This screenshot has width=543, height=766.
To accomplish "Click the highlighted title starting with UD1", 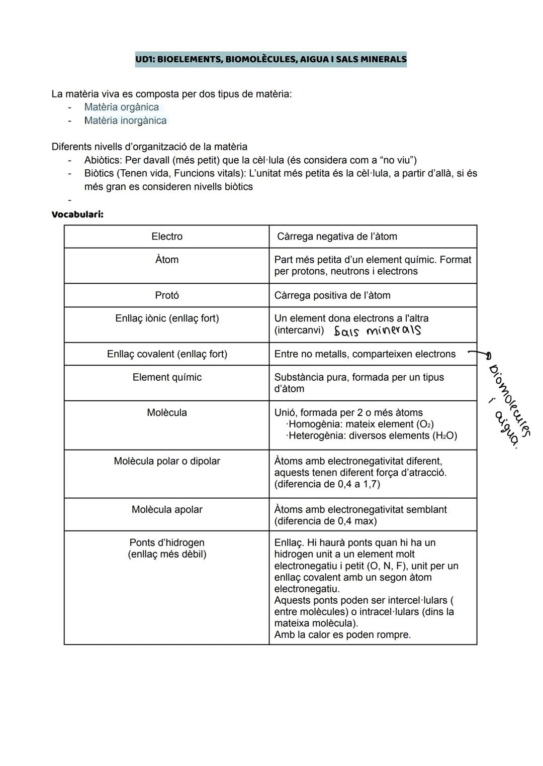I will [x=270, y=59].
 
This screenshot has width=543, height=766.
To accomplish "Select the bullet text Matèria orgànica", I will [x=121, y=107].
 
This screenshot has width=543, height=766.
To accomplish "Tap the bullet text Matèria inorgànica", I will [x=125, y=121].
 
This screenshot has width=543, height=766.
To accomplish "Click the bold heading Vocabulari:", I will [x=77, y=214].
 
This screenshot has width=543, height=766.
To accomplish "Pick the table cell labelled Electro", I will [x=167, y=237].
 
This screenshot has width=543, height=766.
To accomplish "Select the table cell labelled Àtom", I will [x=167, y=260].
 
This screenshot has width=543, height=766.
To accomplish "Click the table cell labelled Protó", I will [x=167, y=295].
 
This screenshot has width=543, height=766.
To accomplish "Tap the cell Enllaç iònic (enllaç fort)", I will [x=167, y=318].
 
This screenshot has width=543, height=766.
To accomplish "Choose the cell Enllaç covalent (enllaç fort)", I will [x=167, y=354].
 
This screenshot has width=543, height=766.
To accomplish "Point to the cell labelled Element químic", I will [x=167, y=377].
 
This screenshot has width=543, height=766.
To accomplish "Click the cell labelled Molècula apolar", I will [x=167, y=509].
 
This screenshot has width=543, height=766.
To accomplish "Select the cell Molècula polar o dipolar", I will [x=167, y=461].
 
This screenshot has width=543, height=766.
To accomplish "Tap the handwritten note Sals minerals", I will [x=377, y=331].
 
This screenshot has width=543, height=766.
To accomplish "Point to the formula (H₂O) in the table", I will [x=444, y=435].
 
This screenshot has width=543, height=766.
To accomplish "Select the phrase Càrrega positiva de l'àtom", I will [x=332, y=295].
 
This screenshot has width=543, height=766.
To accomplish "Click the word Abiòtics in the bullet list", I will [x=102, y=160].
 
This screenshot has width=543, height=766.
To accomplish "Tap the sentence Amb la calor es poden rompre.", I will [x=342, y=635].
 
